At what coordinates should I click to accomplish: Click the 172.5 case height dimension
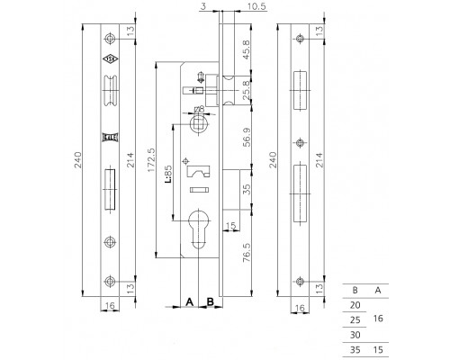(x=151, y=160)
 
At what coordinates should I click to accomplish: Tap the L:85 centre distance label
(x=168, y=175)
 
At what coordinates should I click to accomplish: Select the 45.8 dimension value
(x=246, y=49)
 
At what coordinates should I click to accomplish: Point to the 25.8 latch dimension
(x=246, y=90)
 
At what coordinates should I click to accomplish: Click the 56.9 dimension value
(x=247, y=138)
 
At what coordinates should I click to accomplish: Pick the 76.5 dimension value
(x=247, y=253)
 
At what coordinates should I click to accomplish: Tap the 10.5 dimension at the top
(x=256, y=6)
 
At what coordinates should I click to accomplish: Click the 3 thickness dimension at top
(x=203, y=6)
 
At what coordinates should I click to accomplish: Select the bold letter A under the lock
(x=189, y=301)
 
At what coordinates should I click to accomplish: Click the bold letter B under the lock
(x=211, y=301)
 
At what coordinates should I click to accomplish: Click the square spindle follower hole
(x=198, y=123)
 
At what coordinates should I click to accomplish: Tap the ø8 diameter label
(x=199, y=109)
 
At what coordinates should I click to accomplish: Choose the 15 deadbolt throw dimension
(x=230, y=225)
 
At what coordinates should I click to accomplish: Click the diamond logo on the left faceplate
(x=110, y=59)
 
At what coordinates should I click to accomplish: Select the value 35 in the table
(x=355, y=350)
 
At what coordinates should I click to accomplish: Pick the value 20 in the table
(x=355, y=305)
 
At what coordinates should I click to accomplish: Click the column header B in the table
(x=355, y=290)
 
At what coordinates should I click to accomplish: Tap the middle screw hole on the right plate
(x=300, y=143)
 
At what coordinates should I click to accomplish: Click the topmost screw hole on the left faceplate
(x=110, y=39)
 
